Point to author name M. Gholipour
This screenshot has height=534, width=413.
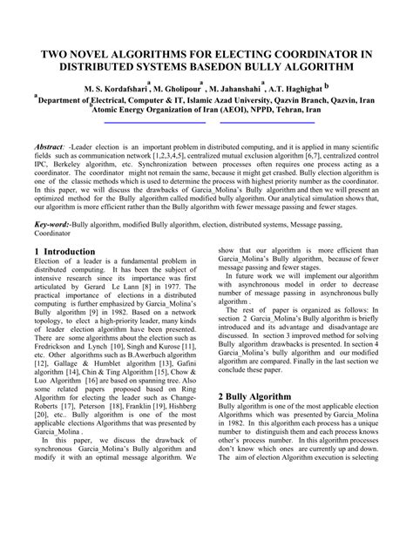pyautogui.click(x=178, y=89)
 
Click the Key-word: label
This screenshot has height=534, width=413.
pyautogui.click(x=52, y=224)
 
